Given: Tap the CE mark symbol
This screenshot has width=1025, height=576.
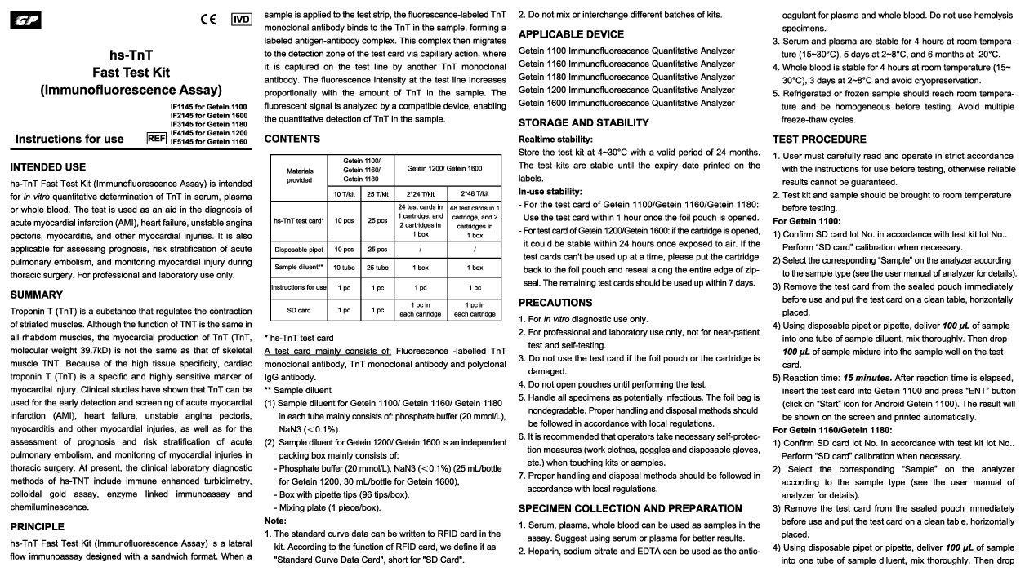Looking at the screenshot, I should pos(208,19).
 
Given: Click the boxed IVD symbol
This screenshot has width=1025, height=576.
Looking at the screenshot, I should pos(242,19).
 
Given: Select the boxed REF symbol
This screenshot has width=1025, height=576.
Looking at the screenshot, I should pos(156,138).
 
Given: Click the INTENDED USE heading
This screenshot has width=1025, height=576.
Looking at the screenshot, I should pos(47,166).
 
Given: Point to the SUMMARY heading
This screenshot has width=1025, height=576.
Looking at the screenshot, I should pos(37,294).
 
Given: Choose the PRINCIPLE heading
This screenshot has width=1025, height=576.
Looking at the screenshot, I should pos(39,527).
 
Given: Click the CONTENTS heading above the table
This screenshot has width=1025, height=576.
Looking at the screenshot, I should pos(292,139).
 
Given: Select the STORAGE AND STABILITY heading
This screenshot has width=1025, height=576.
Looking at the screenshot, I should pos(584,122).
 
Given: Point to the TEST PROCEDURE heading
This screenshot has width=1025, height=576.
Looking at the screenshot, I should pos(819,139).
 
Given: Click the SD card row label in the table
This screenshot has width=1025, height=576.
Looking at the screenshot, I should pos(299,311).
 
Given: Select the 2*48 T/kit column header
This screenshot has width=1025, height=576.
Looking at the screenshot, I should pos(475,193).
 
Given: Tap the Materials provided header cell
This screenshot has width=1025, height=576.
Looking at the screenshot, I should pos(299,175).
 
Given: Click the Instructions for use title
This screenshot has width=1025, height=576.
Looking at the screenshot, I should pos(69,139).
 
